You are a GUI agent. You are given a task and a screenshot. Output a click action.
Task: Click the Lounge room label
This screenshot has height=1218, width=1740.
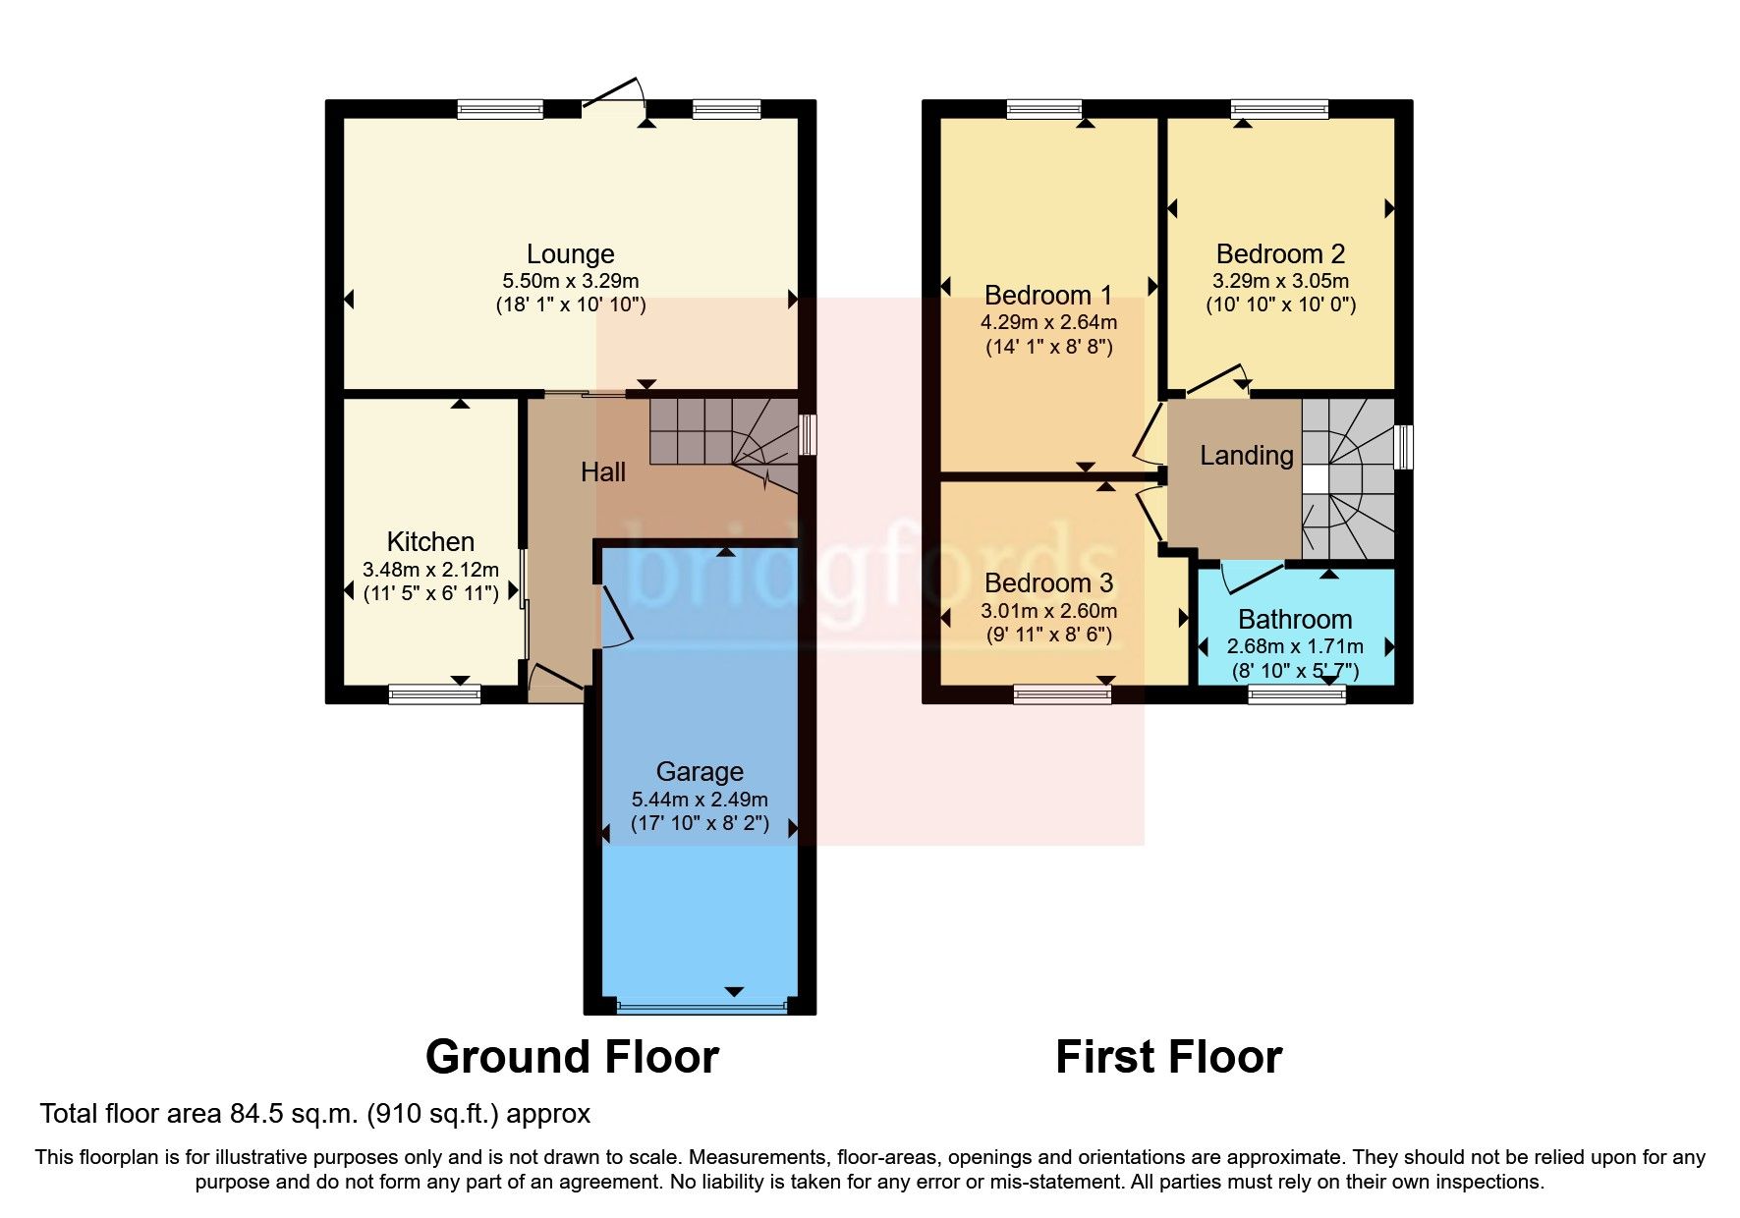tap(570, 253)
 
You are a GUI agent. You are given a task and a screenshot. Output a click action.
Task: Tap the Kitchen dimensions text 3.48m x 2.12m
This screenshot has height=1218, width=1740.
tap(430, 569)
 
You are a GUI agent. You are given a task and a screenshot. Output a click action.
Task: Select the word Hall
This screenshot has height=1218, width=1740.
tap(602, 472)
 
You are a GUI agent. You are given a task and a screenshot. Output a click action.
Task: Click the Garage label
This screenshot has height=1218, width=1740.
tap(700, 772)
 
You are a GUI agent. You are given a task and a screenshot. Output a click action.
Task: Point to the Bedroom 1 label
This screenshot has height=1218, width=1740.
tap(1048, 295)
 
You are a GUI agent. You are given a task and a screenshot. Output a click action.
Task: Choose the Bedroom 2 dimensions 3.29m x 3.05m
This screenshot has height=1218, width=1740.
tap(1280, 280)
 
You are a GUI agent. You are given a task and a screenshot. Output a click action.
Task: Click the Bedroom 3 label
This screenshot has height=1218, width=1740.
tap(1048, 583)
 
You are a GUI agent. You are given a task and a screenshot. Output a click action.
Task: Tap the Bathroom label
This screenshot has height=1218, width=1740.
tap(1295, 620)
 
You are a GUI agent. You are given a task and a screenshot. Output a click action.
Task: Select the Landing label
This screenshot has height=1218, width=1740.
tap(1246, 456)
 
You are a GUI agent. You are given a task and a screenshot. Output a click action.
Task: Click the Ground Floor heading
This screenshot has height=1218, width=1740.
tap(572, 1057)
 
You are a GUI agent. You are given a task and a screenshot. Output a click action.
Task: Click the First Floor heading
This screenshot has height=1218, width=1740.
tap(1168, 1057)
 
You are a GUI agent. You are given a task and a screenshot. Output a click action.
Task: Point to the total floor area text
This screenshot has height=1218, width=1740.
tap(314, 1114)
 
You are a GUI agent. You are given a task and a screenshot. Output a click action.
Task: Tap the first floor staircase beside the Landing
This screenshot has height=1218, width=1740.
tap(1347, 478)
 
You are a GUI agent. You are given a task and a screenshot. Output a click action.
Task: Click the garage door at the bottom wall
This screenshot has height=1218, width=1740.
tap(702, 1006)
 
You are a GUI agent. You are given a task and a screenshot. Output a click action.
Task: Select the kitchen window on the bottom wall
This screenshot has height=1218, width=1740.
tap(434, 694)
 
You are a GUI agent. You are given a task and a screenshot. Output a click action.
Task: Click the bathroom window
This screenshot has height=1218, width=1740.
tap(1296, 694)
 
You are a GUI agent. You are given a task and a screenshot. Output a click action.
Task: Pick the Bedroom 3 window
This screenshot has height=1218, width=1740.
tap(1062, 694)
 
